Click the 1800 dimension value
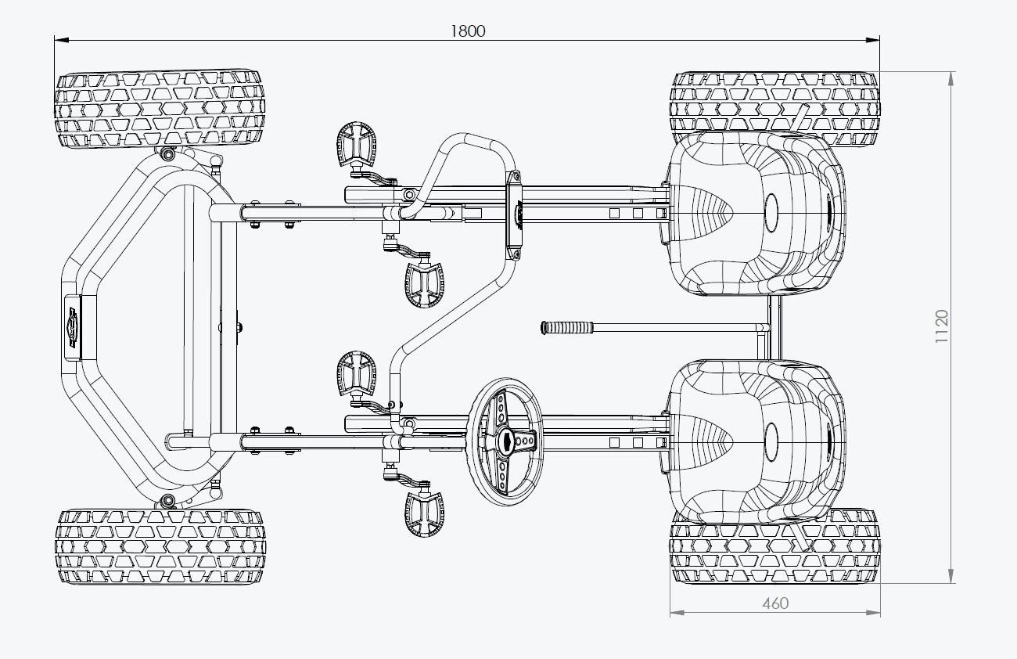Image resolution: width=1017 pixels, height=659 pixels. [x=468, y=31]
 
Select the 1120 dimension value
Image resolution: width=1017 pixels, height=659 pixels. [x=942, y=326]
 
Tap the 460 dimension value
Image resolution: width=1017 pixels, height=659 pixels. [x=774, y=603]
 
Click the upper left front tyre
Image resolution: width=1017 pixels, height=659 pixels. [x=160, y=110]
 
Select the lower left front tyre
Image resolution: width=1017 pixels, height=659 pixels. [x=160, y=546]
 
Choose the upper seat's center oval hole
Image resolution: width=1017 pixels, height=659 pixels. [x=772, y=211]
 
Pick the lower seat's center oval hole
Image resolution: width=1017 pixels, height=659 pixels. [x=772, y=441]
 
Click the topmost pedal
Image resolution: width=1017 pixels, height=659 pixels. [x=356, y=142]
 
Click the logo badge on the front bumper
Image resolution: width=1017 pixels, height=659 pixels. [x=73, y=326]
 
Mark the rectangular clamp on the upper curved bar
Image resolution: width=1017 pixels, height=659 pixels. [x=516, y=216]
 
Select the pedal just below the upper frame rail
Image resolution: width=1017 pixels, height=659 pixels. [x=425, y=284]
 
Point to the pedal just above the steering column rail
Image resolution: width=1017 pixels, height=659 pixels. [x=356, y=371]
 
